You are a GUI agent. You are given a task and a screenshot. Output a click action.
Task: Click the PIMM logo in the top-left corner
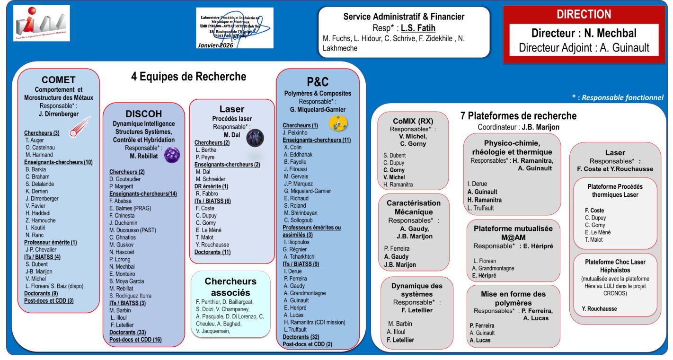click(42, 23)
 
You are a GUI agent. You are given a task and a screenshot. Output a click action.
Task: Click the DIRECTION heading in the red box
click(584, 15)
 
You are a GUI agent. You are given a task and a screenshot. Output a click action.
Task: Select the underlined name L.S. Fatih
click(418, 28)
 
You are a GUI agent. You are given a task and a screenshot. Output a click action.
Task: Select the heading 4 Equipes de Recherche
click(188, 77)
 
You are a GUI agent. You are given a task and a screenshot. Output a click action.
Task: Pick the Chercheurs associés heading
click(230, 287)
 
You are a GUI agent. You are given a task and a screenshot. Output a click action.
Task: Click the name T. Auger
click(35, 140)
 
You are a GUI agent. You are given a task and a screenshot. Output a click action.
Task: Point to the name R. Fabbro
click(206, 193)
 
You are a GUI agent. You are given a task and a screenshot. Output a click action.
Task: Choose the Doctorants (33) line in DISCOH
click(124, 332)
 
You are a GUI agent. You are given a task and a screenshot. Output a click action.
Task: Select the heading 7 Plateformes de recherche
click(519, 116)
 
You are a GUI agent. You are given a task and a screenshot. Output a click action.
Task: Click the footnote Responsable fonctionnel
click(622, 98)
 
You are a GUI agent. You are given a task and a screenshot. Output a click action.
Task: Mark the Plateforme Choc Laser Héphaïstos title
click(615, 265)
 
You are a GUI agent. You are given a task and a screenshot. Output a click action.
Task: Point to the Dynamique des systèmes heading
click(417, 290)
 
